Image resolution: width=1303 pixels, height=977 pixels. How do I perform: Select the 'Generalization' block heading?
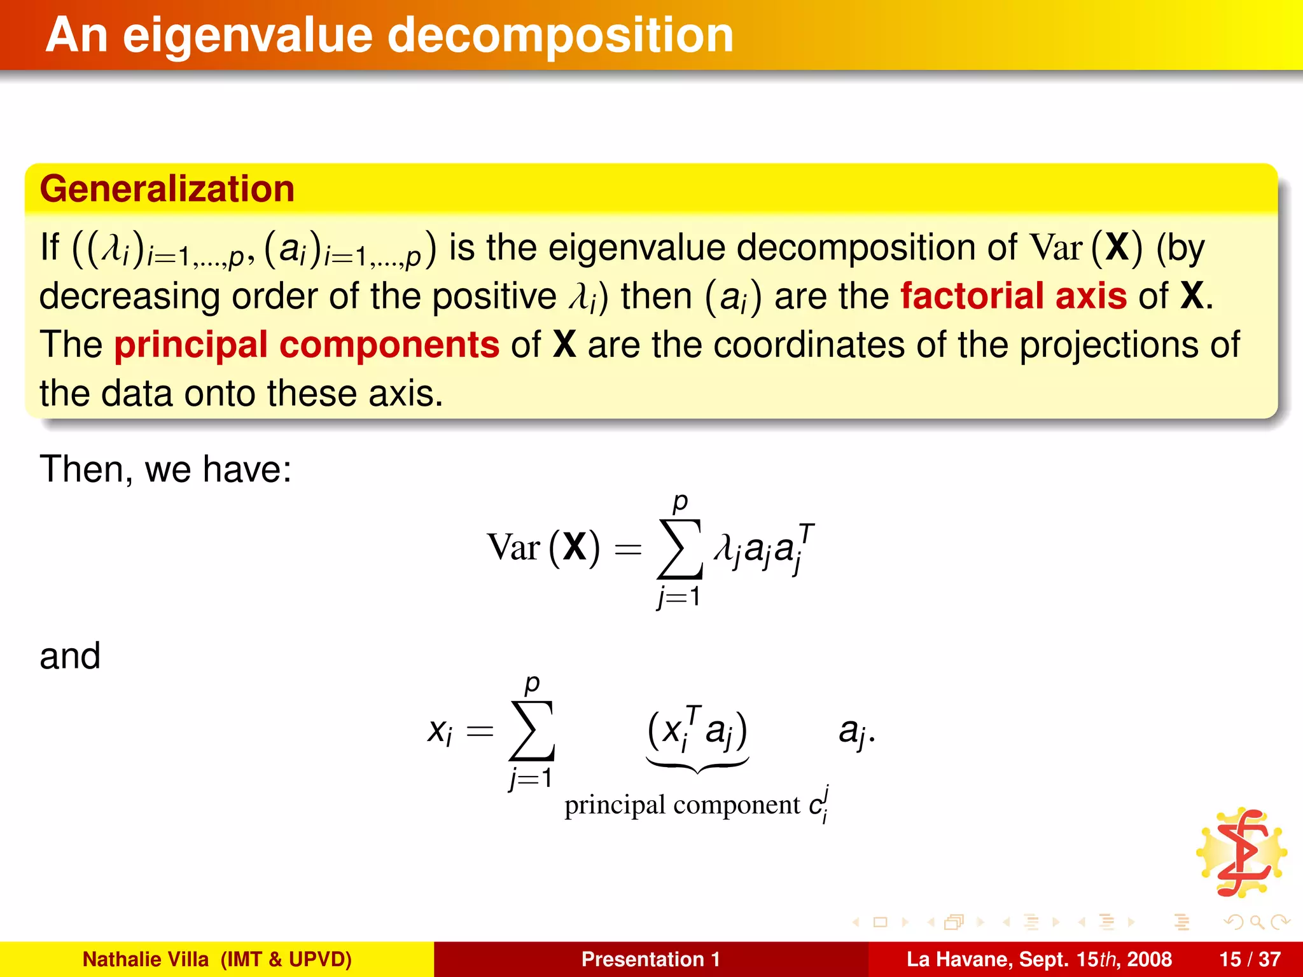coord(167,189)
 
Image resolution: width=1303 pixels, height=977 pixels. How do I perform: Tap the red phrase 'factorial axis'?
coord(1014,296)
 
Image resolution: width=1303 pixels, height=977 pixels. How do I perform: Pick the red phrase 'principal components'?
coord(307,345)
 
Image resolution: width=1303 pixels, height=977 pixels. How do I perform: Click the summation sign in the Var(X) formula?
coord(680,549)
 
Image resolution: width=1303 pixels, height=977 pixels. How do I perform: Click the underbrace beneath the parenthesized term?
coord(697,764)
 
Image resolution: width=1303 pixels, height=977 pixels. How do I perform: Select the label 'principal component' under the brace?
coord(681,805)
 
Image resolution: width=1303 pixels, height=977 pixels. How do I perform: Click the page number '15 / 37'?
coord(1250,959)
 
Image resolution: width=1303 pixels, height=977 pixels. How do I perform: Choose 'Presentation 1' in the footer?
coord(650,959)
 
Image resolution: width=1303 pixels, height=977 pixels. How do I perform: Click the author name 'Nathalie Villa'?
coord(146,959)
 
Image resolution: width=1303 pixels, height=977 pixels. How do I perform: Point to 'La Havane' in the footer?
coord(958,959)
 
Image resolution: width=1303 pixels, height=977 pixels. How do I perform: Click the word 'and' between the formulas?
coord(70,656)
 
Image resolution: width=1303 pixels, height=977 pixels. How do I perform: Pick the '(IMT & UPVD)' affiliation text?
coord(286,959)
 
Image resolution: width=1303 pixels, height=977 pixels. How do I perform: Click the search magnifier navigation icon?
coord(1257,922)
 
